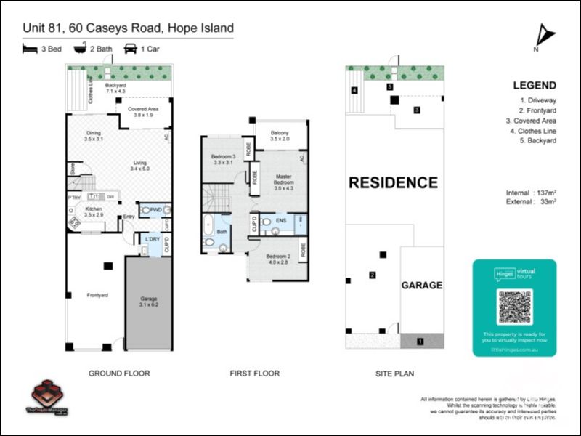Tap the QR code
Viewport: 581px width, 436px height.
[x=514, y=307]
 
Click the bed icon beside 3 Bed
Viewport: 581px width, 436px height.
[x=30, y=49]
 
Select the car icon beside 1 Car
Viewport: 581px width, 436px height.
[x=131, y=49]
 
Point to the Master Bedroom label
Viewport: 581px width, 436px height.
[x=283, y=182]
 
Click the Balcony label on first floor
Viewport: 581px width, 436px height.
[x=280, y=135]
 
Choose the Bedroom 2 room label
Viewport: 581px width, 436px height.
[x=277, y=259]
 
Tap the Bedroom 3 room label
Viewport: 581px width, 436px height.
[x=224, y=160]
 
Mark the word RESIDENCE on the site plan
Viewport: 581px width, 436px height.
[x=393, y=182]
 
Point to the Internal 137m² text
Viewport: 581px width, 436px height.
[x=531, y=193]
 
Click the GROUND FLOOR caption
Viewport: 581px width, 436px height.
[x=119, y=374]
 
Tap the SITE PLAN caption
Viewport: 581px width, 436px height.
[x=394, y=374]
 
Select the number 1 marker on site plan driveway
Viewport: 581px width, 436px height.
[x=420, y=340]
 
